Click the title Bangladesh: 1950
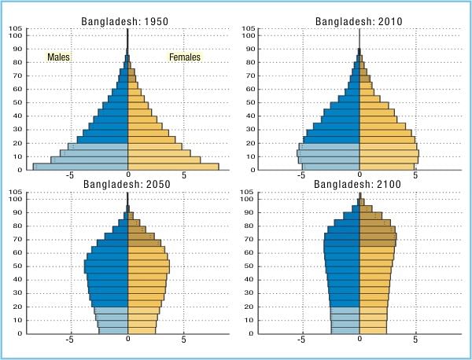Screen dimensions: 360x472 pos(127,20)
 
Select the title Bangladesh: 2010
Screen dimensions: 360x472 pos(360,20)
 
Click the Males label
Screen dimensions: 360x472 pos(59,57)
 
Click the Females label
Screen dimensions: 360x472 pos(185,57)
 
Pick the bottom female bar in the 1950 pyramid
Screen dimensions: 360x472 pos(173,166)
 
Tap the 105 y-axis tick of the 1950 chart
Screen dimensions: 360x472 pos(16,29)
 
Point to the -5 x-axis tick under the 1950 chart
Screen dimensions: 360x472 pos(70,177)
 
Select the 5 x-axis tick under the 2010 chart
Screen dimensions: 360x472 pos(416,177)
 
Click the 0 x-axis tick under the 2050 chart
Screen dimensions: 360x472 pos(127,340)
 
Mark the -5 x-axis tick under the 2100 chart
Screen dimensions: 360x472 pos(302,340)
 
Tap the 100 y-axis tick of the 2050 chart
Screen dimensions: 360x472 pos(16,199)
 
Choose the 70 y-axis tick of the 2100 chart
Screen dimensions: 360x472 pos(248,239)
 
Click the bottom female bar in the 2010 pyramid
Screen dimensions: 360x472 pos(388,166)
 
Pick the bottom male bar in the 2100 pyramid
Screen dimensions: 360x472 pos(345,329)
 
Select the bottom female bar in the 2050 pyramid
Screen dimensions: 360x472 pos(142,329)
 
